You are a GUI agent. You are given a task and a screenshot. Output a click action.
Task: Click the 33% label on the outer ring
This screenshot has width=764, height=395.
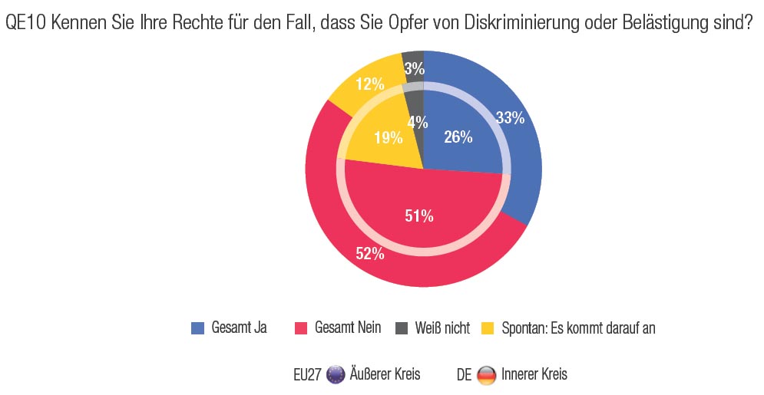point(510,118)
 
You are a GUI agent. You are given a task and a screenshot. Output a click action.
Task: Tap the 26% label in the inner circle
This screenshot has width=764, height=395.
point(458,138)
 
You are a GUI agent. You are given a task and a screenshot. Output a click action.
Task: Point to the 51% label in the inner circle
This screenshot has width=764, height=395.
point(419,216)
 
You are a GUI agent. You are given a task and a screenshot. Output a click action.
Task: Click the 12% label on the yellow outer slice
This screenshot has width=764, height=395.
point(370,84)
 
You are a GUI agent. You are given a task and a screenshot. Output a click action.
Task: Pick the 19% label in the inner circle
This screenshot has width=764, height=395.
point(389,138)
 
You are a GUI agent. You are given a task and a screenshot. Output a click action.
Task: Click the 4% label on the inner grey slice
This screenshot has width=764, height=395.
point(417,121)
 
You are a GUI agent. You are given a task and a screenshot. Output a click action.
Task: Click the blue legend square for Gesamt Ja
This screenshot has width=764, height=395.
point(197,328)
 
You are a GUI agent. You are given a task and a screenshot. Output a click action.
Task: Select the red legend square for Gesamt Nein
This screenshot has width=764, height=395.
point(302,328)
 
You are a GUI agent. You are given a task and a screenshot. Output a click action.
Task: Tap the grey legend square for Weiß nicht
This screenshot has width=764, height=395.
point(401,328)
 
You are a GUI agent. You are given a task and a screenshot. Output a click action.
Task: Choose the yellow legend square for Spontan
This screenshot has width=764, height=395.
point(487,328)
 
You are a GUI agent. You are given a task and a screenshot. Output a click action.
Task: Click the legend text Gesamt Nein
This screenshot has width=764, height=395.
point(349,328)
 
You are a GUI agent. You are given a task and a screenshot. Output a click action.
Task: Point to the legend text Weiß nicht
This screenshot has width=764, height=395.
point(442,328)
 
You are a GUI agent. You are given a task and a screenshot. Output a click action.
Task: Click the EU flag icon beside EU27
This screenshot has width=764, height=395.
point(336,375)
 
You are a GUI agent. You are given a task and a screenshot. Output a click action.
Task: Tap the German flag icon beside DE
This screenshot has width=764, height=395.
point(486,375)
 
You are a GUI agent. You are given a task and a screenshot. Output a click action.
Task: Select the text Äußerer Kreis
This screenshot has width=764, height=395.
point(385,375)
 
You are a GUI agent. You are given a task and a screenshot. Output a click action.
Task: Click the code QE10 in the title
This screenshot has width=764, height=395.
point(24,23)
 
